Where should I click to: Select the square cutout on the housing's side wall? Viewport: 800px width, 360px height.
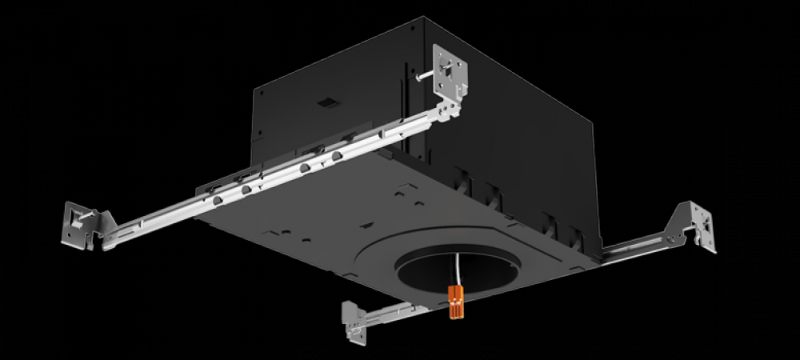pos(325,102)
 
